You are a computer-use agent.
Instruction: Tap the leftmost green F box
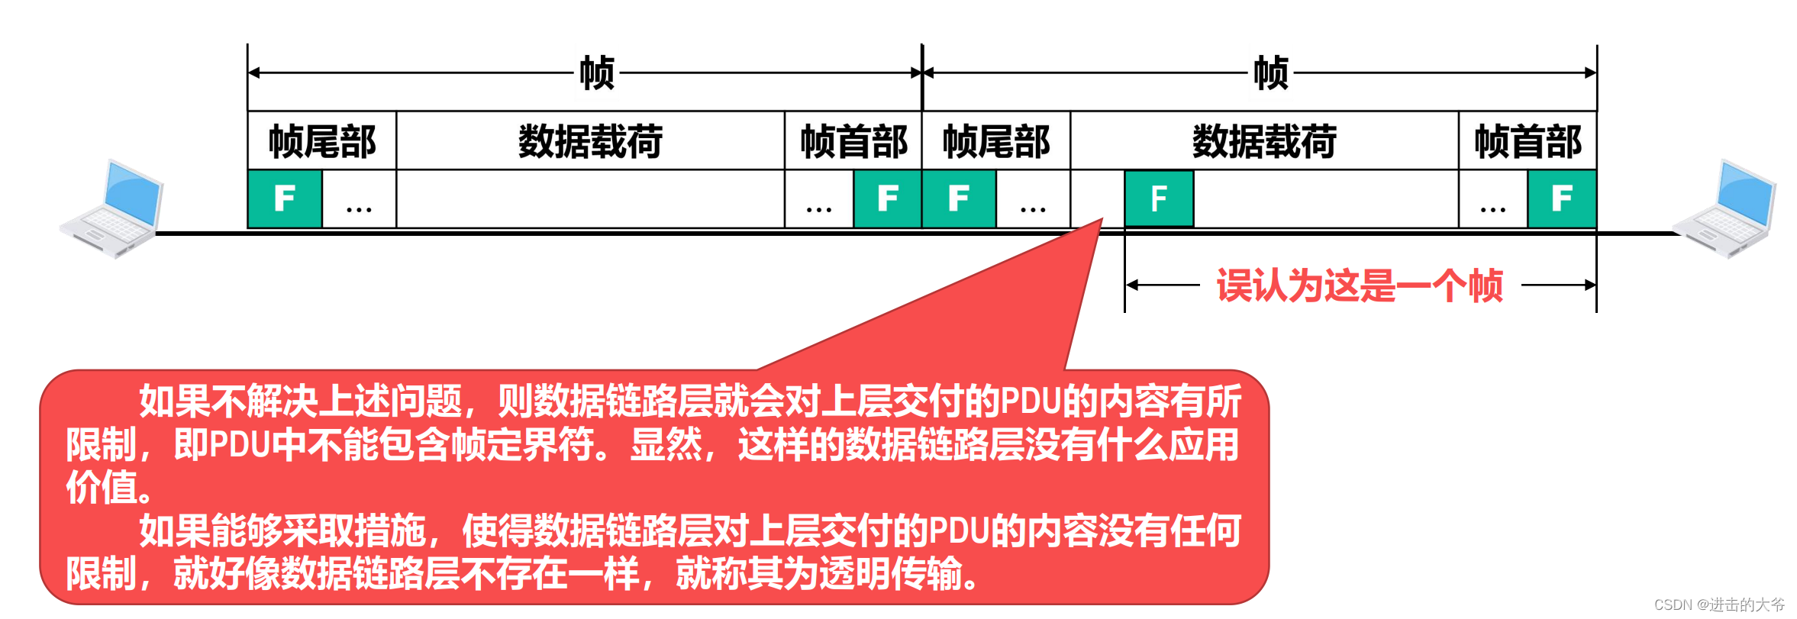(x=285, y=198)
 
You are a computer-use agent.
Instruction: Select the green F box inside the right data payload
(x=1159, y=198)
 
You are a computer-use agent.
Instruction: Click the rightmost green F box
(x=1562, y=198)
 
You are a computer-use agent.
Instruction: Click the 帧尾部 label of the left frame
(x=322, y=141)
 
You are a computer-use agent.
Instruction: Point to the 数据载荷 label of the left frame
(x=590, y=141)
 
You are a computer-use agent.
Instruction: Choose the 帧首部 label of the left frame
(x=853, y=141)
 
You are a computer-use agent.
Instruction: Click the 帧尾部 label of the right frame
(x=996, y=141)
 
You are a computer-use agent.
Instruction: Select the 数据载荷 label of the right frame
(x=1264, y=141)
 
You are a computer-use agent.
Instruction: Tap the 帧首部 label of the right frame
(x=1528, y=141)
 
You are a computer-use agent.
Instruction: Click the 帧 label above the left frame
(x=597, y=73)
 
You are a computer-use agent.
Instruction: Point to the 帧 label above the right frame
(x=1271, y=73)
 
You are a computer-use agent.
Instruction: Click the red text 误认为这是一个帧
(x=1360, y=285)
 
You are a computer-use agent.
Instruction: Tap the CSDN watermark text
(x=1719, y=604)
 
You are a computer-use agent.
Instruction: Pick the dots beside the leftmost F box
(x=359, y=207)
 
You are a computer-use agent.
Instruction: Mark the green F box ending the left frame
(x=887, y=198)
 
